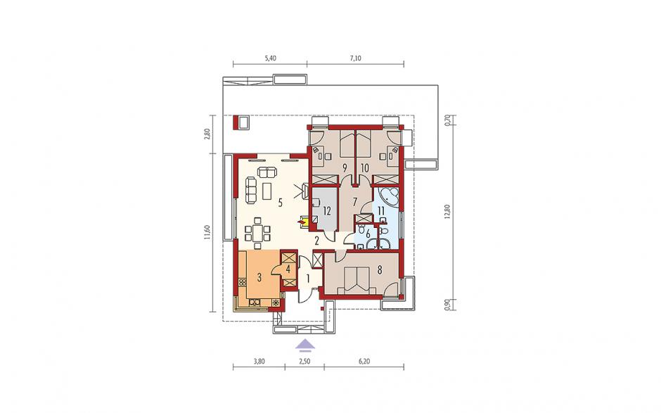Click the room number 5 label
[279, 203]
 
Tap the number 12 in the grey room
[327, 210]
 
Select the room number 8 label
[380, 270]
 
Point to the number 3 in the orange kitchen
[259, 277]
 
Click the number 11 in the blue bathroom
[380, 210]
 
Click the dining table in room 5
[257, 232]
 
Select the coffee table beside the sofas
[267, 192]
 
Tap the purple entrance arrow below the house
[304, 345]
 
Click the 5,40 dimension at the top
[270, 58]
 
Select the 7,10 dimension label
[355, 58]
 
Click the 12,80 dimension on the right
[447, 211]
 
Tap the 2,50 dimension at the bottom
[304, 362]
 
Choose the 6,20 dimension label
[364, 362]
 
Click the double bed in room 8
[357, 279]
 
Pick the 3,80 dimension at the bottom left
[259, 362]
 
